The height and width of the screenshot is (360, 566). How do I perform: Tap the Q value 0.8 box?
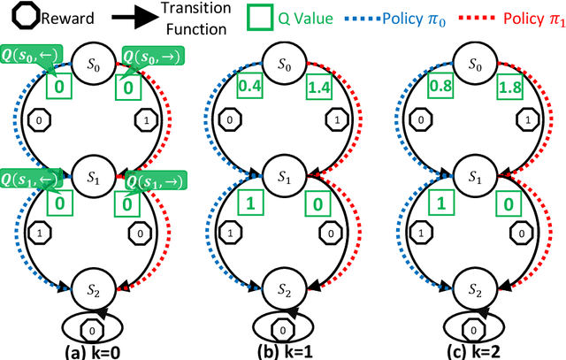(440, 87)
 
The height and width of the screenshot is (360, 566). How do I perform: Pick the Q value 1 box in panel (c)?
(440, 205)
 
